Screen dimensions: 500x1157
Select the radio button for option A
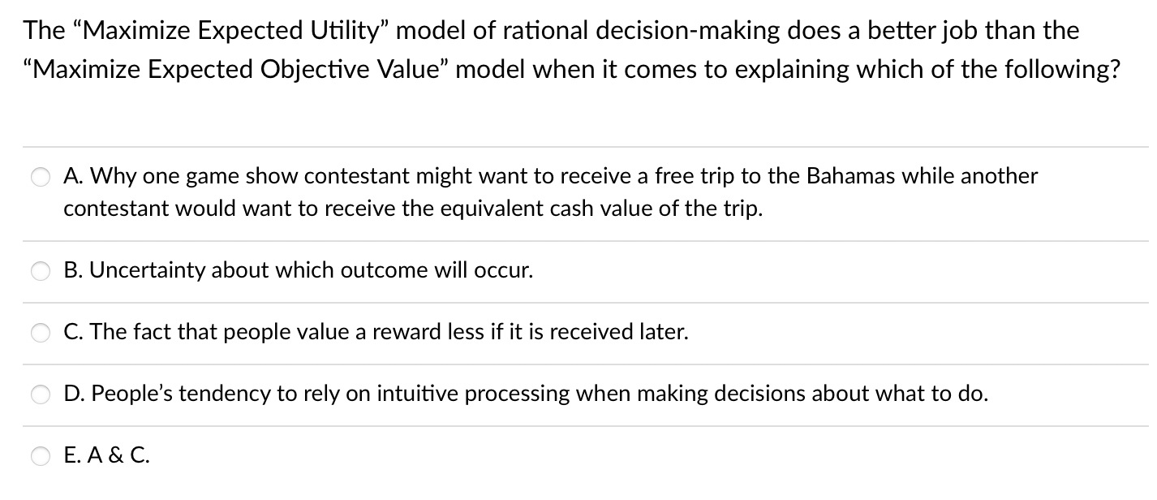(41, 177)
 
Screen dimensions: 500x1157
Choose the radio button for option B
(41, 271)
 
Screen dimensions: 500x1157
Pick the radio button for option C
(41, 333)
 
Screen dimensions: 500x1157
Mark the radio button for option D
(41, 394)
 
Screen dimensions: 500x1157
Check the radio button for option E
(41, 456)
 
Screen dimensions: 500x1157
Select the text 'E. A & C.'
(106, 455)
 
